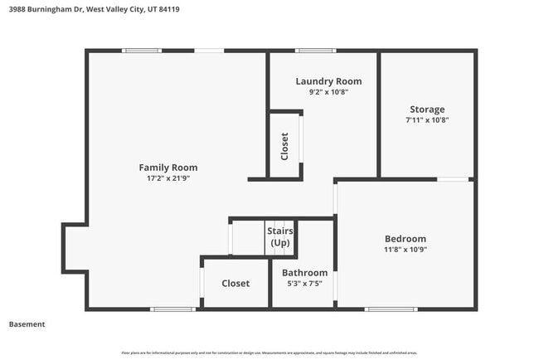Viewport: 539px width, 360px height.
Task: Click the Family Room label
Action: (168, 168)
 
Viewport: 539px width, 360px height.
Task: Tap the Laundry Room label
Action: (328, 81)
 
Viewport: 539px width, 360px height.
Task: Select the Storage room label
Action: (427, 109)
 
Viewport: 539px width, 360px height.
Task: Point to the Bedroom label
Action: (405, 238)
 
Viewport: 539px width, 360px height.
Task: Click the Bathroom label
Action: (304, 273)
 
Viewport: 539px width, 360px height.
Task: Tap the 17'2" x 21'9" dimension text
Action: (168, 178)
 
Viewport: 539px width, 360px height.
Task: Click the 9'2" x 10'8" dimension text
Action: (328, 92)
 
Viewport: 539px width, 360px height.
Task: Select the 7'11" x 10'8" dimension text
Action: (427, 120)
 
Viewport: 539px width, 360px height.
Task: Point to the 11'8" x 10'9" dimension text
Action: (405, 249)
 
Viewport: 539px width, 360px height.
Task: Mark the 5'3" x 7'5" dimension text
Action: (304, 284)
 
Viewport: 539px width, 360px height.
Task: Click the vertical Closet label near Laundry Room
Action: (284, 146)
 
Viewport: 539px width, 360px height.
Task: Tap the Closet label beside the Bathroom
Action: (236, 284)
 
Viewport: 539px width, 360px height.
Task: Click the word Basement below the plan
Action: (27, 324)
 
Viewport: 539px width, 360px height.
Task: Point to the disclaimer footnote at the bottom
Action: (269, 353)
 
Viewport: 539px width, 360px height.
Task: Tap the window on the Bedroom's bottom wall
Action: (390, 309)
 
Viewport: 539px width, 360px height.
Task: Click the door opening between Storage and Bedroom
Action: (453, 179)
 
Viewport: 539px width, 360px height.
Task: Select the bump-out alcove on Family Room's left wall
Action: (75, 247)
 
